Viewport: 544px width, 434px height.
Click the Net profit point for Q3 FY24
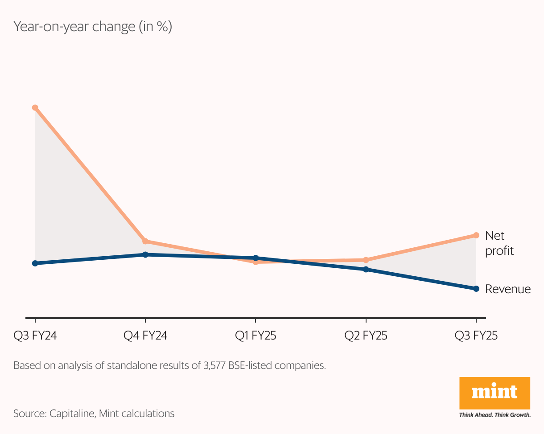point(35,108)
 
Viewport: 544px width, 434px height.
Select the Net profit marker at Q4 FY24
point(145,241)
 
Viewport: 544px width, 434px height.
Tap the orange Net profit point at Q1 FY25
point(256,262)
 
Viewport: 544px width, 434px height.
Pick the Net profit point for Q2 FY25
point(366,260)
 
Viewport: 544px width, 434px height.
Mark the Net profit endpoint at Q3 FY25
point(476,235)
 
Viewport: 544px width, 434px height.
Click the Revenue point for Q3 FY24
point(35,263)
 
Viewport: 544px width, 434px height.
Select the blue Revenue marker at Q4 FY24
point(145,254)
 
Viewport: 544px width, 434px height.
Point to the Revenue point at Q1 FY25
point(256,258)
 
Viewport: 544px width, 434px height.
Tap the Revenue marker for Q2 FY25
point(366,269)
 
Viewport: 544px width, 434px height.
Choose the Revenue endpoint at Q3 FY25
point(476,289)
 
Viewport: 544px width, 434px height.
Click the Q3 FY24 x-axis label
point(35,336)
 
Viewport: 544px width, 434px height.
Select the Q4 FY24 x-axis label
point(145,336)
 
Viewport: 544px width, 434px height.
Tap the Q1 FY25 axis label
point(256,336)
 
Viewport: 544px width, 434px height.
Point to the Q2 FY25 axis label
point(366,336)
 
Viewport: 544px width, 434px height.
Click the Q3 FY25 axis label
point(476,336)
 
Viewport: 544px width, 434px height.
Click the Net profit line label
point(499,243)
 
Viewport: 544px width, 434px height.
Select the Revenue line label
point(508,289)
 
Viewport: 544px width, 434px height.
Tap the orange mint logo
point(495,393)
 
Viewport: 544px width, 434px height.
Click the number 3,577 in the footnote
point(214,365)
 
